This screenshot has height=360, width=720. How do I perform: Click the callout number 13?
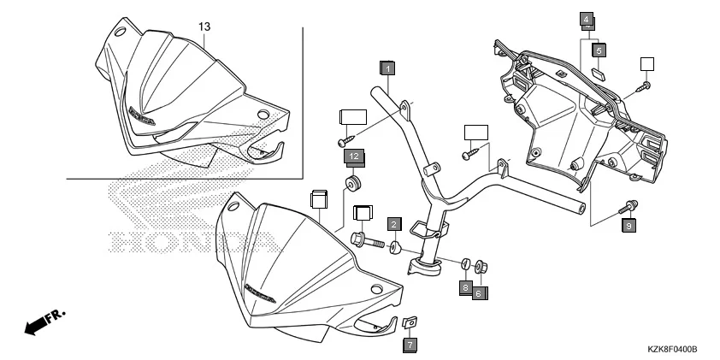[204, 27]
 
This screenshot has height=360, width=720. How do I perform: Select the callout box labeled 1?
[387, 67]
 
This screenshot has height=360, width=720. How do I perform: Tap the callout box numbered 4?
[586, 19]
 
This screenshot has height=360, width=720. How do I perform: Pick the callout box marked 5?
[599, 50]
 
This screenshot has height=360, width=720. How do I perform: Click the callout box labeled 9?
[629, 226]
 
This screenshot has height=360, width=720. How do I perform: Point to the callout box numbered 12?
[353, 156]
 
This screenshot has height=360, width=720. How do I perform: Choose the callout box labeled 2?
[393, 224]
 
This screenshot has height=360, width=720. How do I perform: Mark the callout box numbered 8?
[466, 287]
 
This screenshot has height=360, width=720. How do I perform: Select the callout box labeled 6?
[479, 292]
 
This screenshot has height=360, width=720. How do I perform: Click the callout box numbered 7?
[410, 344]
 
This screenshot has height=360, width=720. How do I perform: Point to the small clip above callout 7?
[409, 322]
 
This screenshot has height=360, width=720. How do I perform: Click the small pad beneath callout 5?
[599, 72]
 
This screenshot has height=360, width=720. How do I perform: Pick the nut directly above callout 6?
[481, 266]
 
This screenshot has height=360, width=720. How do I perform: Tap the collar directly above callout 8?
[466, 263]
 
